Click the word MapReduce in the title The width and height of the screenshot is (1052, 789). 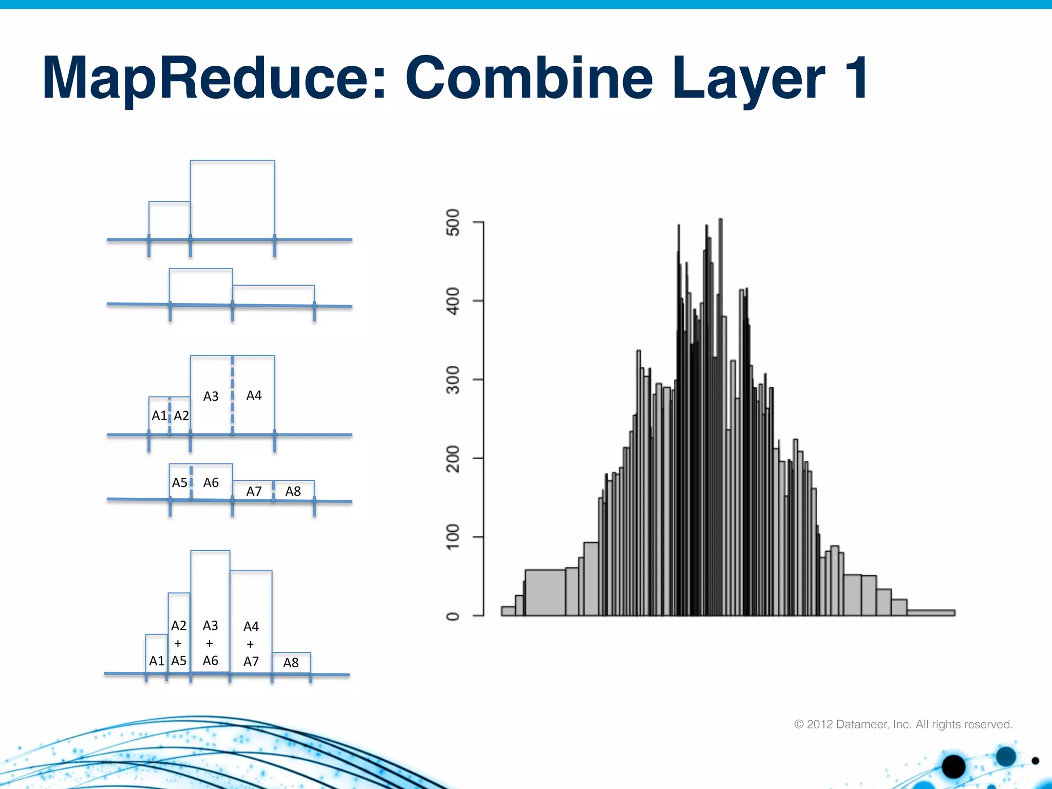(x=213, y=78)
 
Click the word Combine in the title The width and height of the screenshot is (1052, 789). (x=529, y=78)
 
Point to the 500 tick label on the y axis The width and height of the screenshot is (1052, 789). (x=453, y=222)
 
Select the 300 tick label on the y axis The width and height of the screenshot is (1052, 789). (x=453, y=380)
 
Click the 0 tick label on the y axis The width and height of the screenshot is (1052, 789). (x=453, y=616)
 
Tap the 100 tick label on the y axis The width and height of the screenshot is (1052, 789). (x=453, y=537)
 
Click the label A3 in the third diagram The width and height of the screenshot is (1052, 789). (x=211, y=396)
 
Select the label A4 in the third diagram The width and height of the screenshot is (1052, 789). (x=254, y=395)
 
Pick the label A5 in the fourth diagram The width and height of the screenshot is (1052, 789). (x=179, y=482)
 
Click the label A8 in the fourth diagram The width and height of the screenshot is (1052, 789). (x=293, y=491)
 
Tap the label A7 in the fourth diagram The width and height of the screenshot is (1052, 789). (x=254, y=491)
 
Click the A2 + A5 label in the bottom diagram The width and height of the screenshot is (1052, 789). (x=178, y=643)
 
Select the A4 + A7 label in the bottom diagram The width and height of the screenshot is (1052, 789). (x=251, y=644)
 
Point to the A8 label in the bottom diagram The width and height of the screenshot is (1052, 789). (x=291, y=663)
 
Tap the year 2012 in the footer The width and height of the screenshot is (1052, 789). (x=819, y=724)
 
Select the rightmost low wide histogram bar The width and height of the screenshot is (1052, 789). (x=930, y=612)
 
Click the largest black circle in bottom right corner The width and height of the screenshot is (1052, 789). (x=953, y=767)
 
